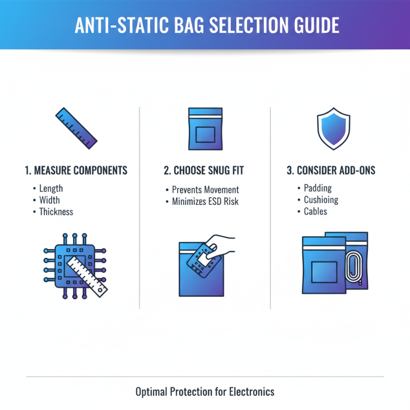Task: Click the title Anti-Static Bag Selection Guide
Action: [205, 25]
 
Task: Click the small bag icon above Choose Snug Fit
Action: [205, 128]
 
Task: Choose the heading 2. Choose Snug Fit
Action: [205, 170]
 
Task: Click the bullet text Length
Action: [51, 189]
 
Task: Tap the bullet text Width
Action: [49, 200]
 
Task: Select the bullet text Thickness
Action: [56, 212]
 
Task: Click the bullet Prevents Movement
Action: [206, 190]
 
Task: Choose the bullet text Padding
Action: [318, 188]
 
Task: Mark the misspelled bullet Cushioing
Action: [321, 200]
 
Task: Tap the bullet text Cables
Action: [316, 212]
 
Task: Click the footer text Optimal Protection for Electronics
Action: [205, 392]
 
